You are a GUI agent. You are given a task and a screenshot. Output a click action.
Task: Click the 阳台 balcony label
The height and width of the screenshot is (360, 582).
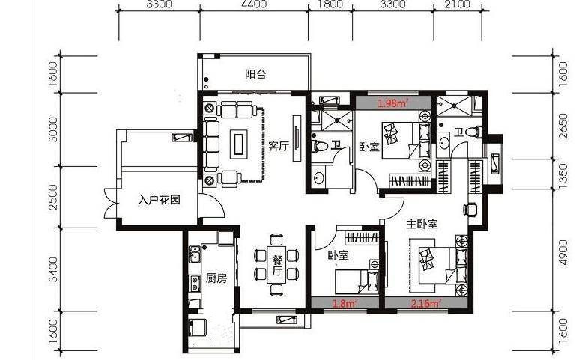click(255, 74)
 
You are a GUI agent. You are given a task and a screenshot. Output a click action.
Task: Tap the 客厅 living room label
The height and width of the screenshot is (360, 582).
click(279, 146)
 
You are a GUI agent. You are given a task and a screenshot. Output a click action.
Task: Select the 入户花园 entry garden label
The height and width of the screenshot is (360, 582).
click(159, 200)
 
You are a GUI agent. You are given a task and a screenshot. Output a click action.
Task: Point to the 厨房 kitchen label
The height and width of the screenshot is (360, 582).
click(216, 278)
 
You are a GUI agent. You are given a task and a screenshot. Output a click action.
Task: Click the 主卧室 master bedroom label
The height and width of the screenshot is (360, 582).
click(422, 224)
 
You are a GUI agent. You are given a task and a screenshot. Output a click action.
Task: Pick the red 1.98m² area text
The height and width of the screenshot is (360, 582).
click(393, 103)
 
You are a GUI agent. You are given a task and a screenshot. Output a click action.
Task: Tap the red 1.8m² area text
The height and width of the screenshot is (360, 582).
click(345, 304)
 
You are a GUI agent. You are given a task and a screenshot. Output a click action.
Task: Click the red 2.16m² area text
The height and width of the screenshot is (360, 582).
click(426, 304)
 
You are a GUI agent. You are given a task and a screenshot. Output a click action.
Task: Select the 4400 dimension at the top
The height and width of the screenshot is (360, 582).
click(254, 4)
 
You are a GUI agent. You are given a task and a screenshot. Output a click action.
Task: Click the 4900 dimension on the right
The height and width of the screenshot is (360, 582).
click(563, 252)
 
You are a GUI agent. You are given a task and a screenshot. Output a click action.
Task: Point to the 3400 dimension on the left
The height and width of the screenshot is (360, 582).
click(53, 269)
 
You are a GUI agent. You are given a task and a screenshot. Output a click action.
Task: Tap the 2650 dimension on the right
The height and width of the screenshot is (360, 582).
click(563, 126)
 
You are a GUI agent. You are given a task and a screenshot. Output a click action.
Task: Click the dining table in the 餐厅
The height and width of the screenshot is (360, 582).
click(276, 264)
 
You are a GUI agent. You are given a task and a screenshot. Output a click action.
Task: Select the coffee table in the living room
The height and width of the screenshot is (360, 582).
click(237, 144)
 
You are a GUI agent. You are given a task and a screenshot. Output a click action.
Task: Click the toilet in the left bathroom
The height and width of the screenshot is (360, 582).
click(320, 146)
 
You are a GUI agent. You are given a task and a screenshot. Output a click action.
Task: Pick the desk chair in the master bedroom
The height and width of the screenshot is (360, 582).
click(470, 210)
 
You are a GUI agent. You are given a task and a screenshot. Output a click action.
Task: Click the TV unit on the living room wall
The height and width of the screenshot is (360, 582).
click(297, 138)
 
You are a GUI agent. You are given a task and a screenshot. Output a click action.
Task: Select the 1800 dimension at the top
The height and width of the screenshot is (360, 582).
click(330, 4)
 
